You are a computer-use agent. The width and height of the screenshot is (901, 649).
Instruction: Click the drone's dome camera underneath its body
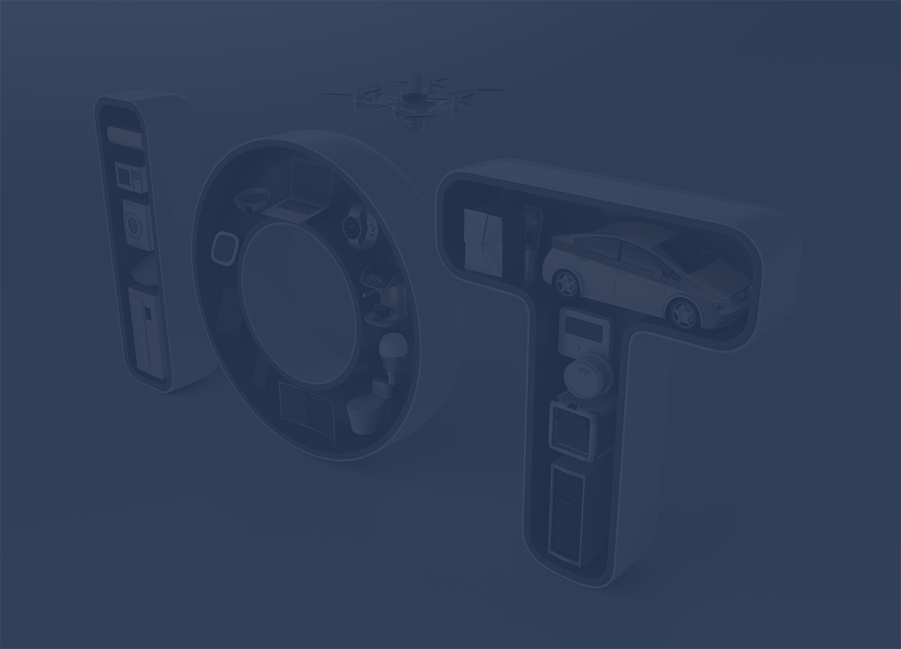412,126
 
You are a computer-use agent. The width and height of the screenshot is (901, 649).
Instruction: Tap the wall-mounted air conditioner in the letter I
125,136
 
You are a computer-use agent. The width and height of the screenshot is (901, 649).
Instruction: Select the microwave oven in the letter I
132,177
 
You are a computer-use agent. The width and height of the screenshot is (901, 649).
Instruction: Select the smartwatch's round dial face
351,228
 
